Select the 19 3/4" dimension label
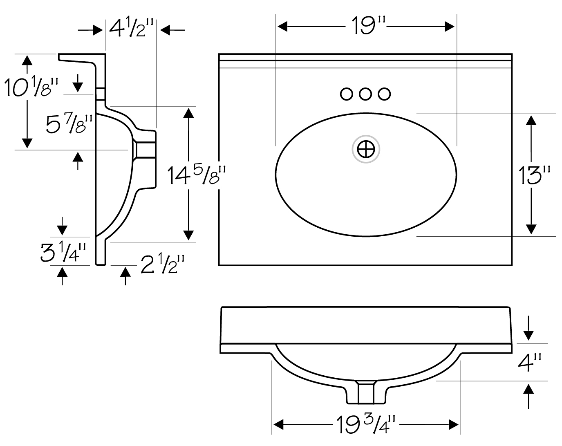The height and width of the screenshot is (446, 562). point(366,425)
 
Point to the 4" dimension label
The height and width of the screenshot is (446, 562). point(529,362)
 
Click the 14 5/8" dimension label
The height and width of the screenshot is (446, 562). point(196,175)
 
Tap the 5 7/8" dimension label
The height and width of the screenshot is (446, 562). point(69,124)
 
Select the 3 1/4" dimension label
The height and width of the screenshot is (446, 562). point(63,252)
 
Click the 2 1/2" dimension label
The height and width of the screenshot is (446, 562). point(162,264)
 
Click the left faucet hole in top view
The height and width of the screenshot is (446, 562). point(347,94)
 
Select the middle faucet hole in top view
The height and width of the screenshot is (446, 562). point(365,94)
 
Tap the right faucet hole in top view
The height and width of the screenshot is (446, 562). point(384,94)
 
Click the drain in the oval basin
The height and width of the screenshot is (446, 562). point(366,149)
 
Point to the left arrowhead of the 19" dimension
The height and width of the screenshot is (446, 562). point(282,27)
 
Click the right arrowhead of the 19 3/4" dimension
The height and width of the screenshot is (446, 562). point(454,425)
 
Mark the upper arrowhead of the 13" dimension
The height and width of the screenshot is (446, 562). point(531,120)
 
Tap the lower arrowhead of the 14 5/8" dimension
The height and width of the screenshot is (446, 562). point(188,235)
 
